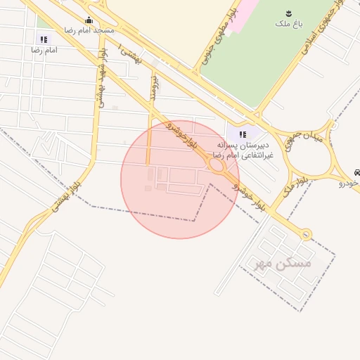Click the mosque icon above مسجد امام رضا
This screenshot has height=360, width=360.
tap(89, 20)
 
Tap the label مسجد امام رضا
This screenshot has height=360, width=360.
tap(89, 31)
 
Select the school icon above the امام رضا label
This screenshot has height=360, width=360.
tap(44, 39)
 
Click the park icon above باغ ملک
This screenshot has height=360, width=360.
tap(288, 13)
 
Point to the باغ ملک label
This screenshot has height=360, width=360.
tap(288, 24)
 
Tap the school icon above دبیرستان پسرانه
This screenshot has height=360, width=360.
tap(243, 134)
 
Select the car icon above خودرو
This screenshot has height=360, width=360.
tap(358, 172)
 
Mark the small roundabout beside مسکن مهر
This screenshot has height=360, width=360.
tap(306, 234)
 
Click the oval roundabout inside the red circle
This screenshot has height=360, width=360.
tap(216, 166)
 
